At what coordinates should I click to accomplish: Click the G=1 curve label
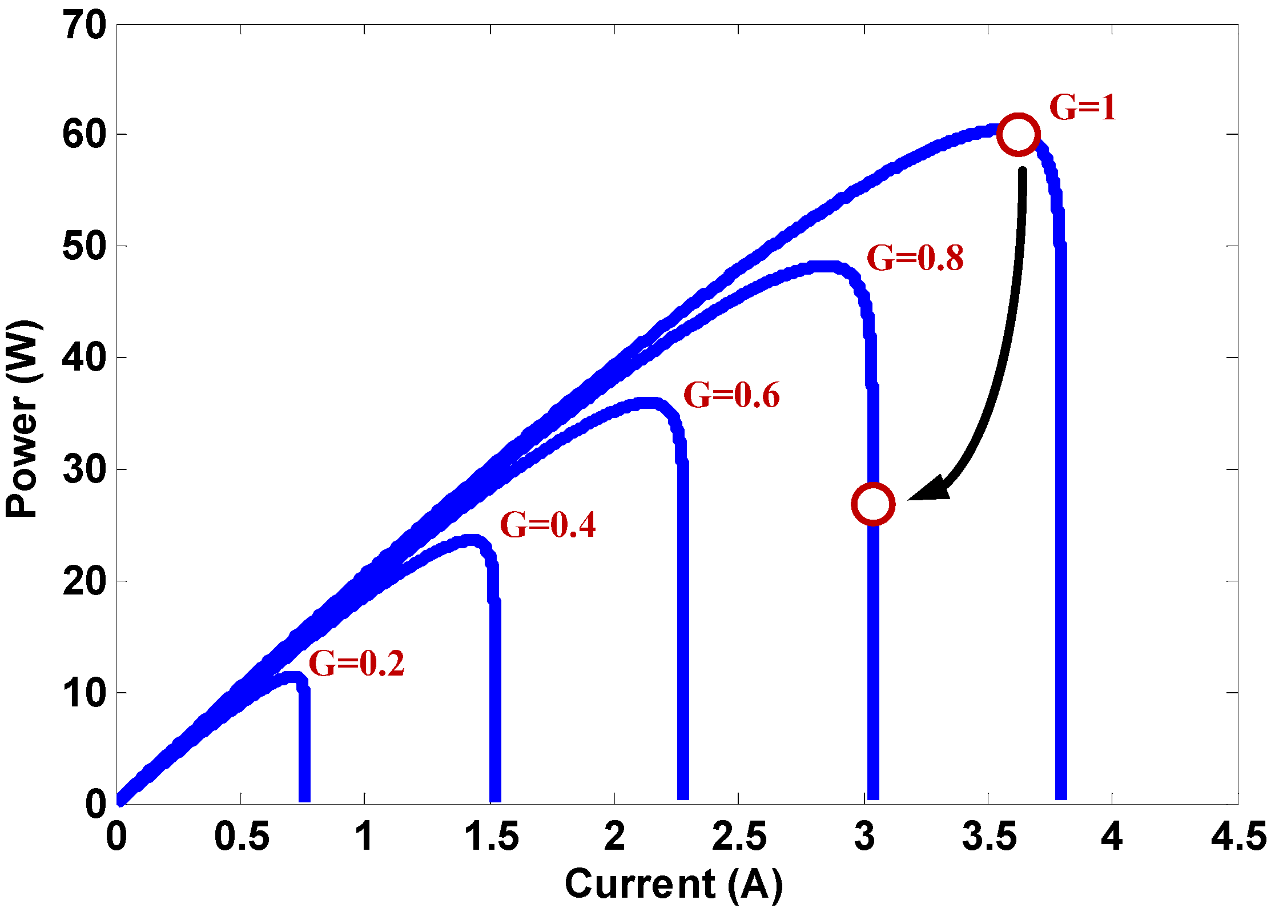tap(1083, 107)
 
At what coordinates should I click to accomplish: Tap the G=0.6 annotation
tap(731, 395)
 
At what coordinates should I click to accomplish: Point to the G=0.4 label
tap(548, 525)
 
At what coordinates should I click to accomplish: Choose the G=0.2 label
tap(356, 663)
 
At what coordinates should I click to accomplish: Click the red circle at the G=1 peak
tap(1018, 135)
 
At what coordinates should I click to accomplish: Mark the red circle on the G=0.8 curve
tap(872, 504)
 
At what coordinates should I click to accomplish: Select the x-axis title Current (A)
tap(674, 884)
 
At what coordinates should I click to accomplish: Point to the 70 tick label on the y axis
tap(85, 26)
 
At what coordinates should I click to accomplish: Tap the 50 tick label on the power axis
tap(85, 247)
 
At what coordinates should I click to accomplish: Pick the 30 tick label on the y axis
tap(85, 469)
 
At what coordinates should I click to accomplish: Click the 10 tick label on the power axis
tap(85, 693)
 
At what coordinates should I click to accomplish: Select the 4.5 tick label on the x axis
tap(1238, 837)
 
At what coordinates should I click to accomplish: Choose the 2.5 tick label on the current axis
tap(739, 837)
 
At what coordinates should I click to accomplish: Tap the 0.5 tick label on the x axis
tap(242, 837)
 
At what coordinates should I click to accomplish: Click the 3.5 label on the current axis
tap(989, 837)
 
